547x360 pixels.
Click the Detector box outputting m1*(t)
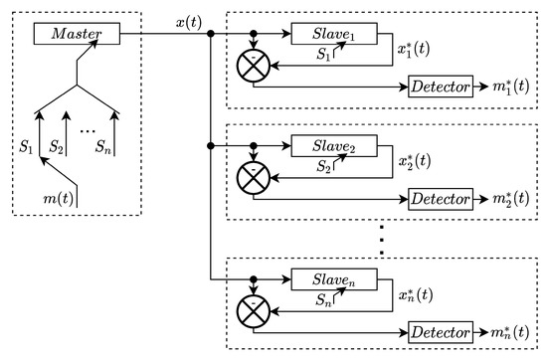440,89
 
